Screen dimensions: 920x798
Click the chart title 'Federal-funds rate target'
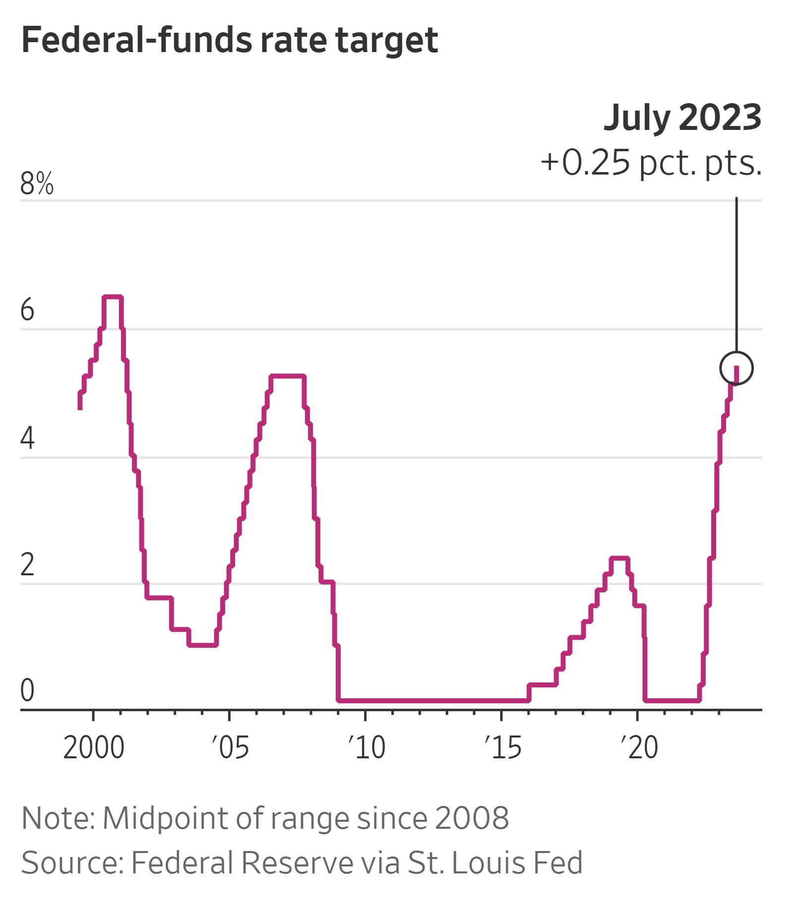pos(230,40)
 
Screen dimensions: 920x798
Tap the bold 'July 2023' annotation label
pos(682,118)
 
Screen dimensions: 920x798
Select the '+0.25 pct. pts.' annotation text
pos(651,162)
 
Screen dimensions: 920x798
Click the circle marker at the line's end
pos(736,368)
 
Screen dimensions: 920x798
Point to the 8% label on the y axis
pos(37,184)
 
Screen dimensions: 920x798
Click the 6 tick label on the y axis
pos(27,310)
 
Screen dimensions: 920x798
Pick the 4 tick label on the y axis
pos(27,438)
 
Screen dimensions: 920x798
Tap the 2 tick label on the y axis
pos(27,564)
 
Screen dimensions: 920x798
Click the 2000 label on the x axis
pos(94,747)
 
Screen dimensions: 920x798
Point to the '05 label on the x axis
pos(230,747)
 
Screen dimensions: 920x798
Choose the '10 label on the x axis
pos(367,747)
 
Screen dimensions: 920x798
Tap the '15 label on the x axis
pos(503,747)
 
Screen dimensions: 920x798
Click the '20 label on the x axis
pos(639,747)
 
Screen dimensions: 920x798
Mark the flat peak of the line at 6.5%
pos(113,297)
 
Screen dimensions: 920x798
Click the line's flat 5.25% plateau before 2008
pos(287,376)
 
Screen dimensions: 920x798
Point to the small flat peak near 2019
pos(619,558)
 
